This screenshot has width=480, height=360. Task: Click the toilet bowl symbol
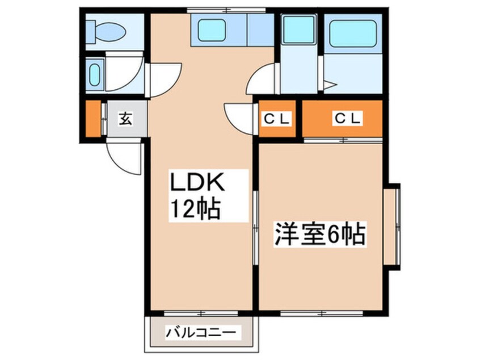tap(106, 32)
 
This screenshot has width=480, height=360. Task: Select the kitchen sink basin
tap(212, 30)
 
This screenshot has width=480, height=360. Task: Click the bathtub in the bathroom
tap(353, 34)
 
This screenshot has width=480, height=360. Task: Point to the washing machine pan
tap(299, 29)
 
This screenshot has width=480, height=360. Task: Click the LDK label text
tap(197, 183)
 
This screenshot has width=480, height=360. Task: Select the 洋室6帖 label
tap(320, 235)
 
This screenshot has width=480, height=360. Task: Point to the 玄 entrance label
tap(125, 119)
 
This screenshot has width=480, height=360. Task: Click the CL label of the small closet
tap(277, 119)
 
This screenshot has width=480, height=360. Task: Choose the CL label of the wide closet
tap(347, 118)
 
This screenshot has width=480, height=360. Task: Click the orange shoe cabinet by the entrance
tap(93, 119)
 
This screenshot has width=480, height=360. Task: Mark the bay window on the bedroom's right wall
tap(393, 226)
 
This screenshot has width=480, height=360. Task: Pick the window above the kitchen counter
tap(226, 10)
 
